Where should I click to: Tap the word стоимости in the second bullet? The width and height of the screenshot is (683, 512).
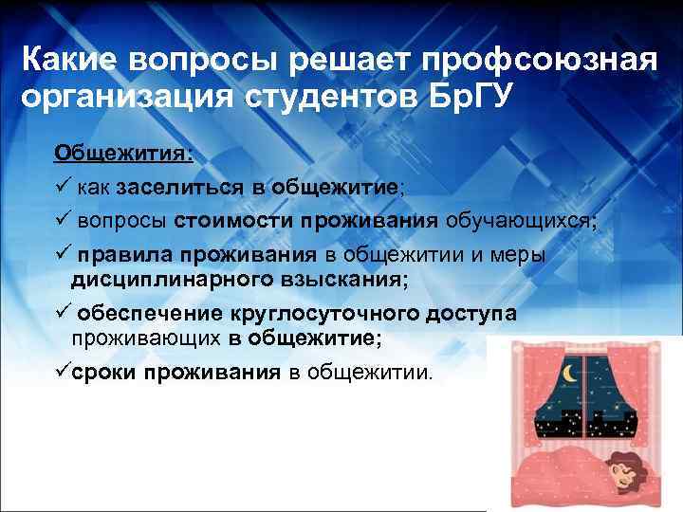pyautogui.click(x=234, y=221)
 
